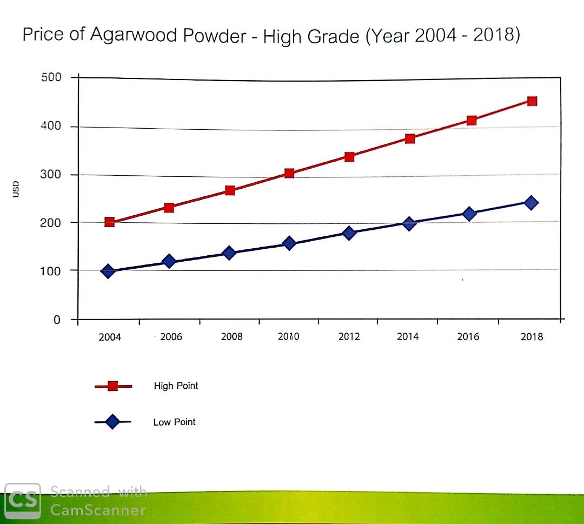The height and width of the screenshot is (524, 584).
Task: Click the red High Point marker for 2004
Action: [x=109, y=222]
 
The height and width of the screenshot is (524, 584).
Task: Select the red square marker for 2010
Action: [x=289, y=173]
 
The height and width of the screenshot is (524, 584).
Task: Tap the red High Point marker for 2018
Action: [x=532, y=101]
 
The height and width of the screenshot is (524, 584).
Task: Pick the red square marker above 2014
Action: [x=410, y=138]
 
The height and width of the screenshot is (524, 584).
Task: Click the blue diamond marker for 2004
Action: [x=108, y=271]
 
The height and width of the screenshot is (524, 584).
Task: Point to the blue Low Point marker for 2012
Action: [x=349, y=234]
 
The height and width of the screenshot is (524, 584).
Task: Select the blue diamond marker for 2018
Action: [x=531, y=203]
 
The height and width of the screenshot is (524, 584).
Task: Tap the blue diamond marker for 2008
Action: [x=229, y=253]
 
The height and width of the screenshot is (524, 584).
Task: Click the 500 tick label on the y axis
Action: [x=51, y=77]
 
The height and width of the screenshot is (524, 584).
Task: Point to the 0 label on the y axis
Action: [x=57, y=320]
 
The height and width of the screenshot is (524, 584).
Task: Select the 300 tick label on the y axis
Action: [x=51, y=175]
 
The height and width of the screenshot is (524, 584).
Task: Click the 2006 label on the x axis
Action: [x=171, y=337]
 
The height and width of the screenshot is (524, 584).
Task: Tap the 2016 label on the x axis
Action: [x=468, y=337]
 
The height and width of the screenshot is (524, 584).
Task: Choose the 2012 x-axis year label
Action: [x=349, y=337]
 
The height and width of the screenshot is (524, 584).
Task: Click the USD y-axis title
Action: [x=16, y=189]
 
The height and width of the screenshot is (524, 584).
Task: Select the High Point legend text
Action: [x=176, y=386]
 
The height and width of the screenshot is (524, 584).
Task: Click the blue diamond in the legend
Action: [x=112, y=422]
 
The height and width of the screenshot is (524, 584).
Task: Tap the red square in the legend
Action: [x=113, y=386]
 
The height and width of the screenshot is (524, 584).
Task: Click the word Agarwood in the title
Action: [x=133, y=35]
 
